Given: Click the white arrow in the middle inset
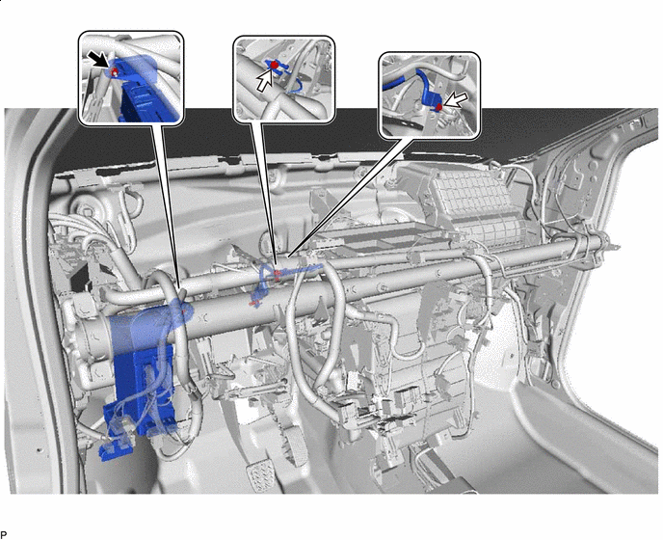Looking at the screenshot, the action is coord(266,81).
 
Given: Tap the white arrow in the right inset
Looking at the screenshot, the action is coord(456,100).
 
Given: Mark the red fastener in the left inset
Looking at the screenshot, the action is coord(114,72).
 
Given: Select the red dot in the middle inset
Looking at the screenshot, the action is coord(274,66).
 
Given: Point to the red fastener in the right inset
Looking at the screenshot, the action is coord(439,107).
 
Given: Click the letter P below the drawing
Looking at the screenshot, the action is coord(4,535).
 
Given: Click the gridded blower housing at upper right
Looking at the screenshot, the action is coord(478,203).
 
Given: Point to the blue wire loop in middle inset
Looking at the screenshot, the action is coord(296,87).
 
